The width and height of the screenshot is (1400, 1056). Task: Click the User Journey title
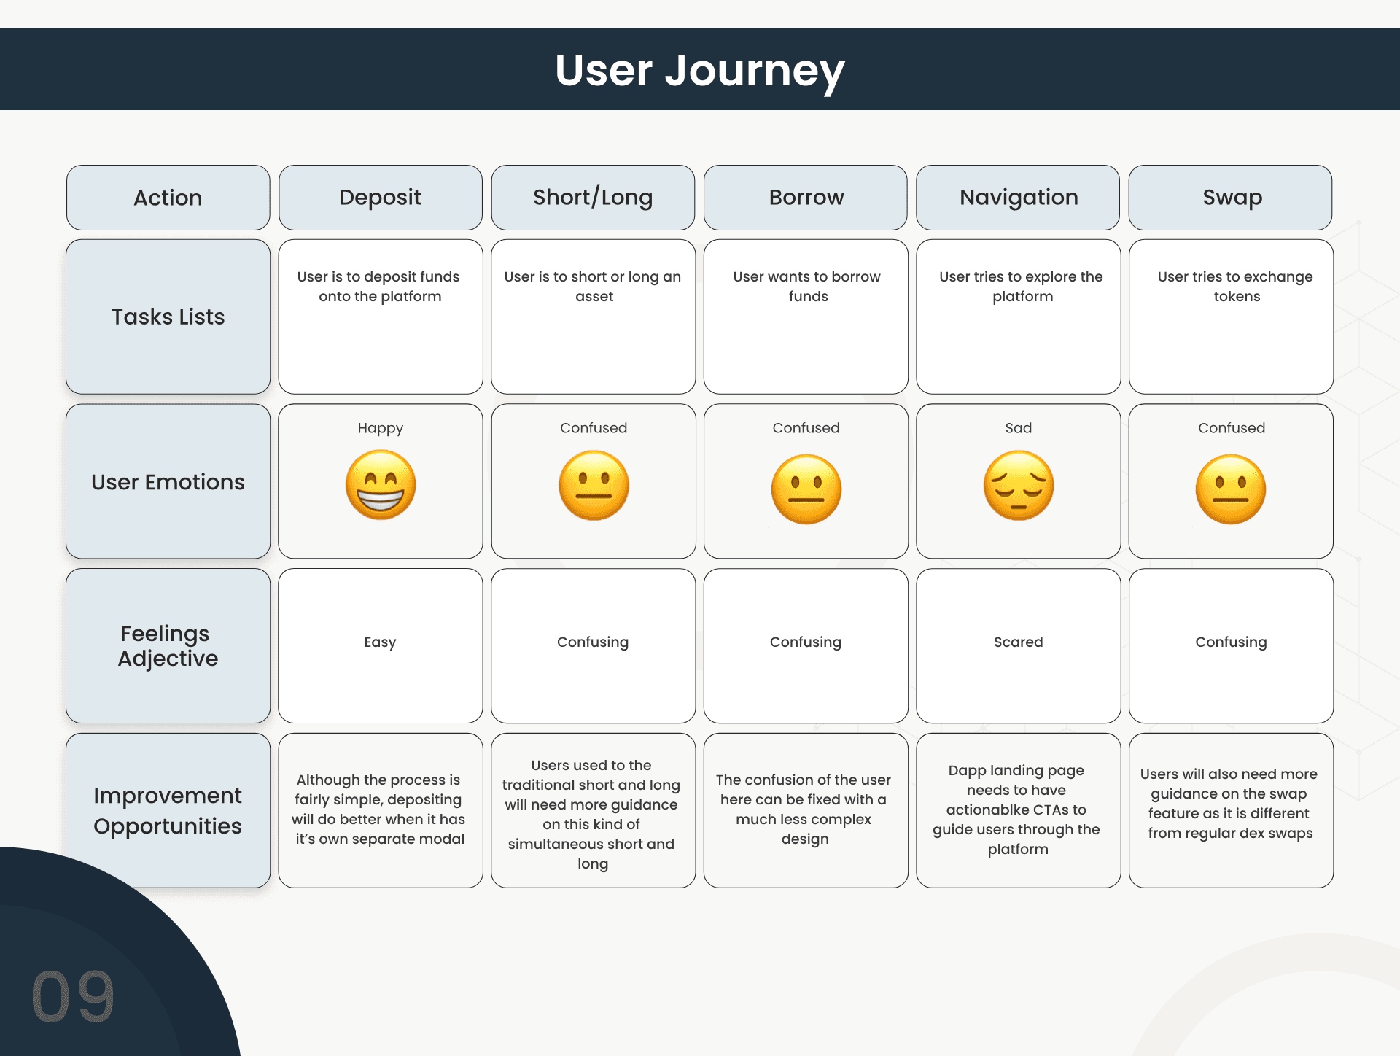click(x=699, y=71)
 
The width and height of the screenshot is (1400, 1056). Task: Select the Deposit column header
click(x=380, y=198)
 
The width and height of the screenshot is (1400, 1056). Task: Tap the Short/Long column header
click(x=593, y=198)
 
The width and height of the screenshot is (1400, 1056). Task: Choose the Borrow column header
click(x=806, y=198)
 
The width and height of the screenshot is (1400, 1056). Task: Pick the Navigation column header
click(x=1018, y=198)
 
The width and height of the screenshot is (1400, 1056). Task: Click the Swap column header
click(x=1232, y=198)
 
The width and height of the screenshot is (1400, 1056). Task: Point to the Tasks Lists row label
click(x=168, y=317)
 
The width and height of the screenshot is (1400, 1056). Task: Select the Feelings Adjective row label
click(x=168, y=646)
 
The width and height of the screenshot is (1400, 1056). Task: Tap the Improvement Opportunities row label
click(x=168, y=810)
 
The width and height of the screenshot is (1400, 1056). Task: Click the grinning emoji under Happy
click(x=381, y=485)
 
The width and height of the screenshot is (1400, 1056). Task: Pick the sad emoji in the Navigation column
click(x=1019, y=485)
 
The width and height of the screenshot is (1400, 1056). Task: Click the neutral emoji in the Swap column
click(x=1231, y=489)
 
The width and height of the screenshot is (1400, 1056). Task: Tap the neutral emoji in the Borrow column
click(x=806, y=489)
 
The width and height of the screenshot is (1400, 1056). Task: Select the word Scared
click(x=1018, y=642)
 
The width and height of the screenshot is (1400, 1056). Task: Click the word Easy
click(x=380, y=642)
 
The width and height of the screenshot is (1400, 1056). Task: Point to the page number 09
click(x=73, y=996)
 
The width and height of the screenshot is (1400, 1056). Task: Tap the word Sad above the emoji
click(x=1018, y=428)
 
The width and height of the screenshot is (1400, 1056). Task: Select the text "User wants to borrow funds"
click(x=806, y=287)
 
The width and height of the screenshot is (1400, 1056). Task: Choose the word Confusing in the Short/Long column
click(x=592, y=642)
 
